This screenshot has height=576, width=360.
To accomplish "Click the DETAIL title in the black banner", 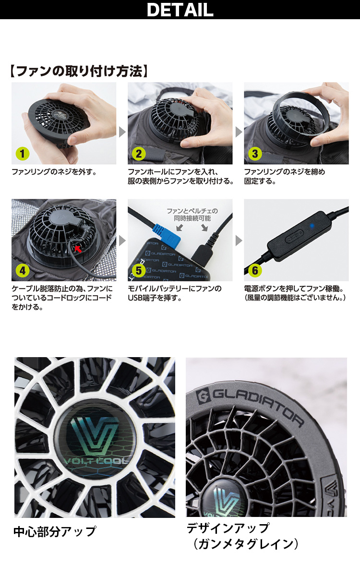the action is click(x=180, y=10).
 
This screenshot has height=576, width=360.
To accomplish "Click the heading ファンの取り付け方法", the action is click(x=79, y=71).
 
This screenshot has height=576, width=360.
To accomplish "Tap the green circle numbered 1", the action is click(x=23, y=154).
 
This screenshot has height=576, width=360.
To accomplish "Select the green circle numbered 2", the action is click(x=139, y=154).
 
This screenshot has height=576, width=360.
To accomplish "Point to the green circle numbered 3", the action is click(x=255, y=154).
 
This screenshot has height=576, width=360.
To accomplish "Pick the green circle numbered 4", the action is click(x=23, y=271).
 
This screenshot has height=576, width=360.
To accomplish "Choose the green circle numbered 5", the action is click(x=139, y=271).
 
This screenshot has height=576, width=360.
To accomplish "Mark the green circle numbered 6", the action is click(x=255, y=271).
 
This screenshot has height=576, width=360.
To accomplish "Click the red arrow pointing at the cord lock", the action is click(x=78, y=249).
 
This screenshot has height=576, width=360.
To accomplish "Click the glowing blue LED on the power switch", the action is click(x=312, y=226).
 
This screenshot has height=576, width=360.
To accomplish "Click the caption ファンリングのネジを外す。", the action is click(x=54, y=171).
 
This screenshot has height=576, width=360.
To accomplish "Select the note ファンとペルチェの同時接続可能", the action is click(x=192, y=215).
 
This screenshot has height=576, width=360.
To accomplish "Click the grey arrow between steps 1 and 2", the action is click(x=122, y=132).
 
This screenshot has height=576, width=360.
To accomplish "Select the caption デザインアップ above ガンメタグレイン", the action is click(x=228, y=528).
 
